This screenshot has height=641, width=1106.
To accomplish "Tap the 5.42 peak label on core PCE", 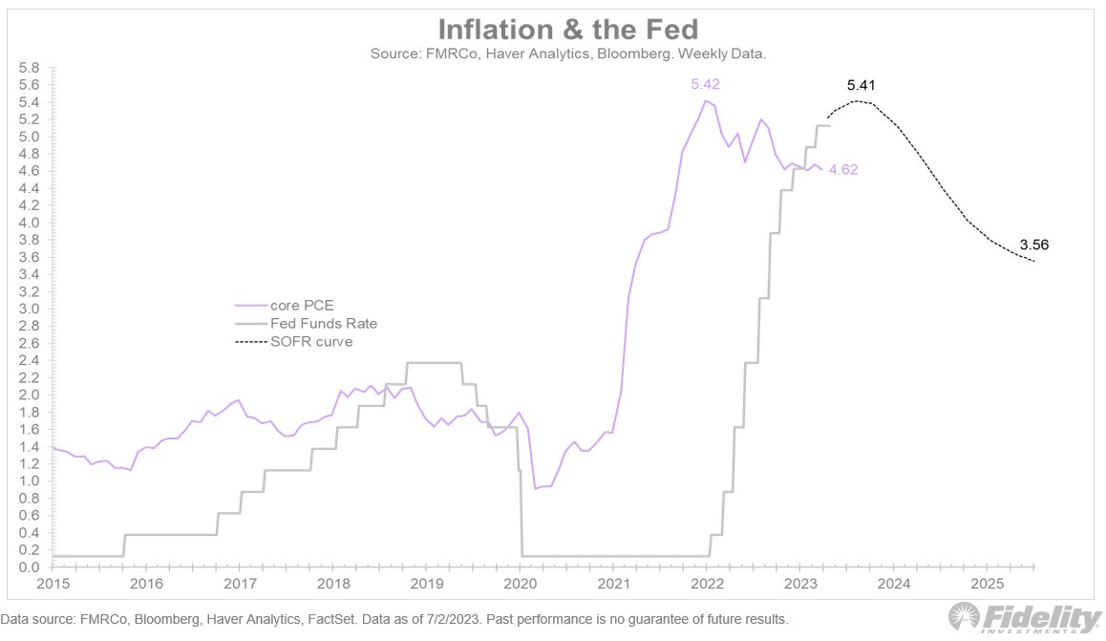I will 705,84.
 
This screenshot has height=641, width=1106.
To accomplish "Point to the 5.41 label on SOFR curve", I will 861,86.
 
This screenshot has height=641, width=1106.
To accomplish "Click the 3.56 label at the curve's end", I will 1035,244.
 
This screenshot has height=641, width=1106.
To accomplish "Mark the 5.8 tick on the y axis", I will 29,68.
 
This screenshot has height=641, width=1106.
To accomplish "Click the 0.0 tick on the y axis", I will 29,567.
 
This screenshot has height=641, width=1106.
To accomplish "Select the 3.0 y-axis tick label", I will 29,309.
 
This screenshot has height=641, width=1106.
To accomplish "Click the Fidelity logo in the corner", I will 1022,618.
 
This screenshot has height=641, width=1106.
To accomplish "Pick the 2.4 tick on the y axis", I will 29,360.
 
